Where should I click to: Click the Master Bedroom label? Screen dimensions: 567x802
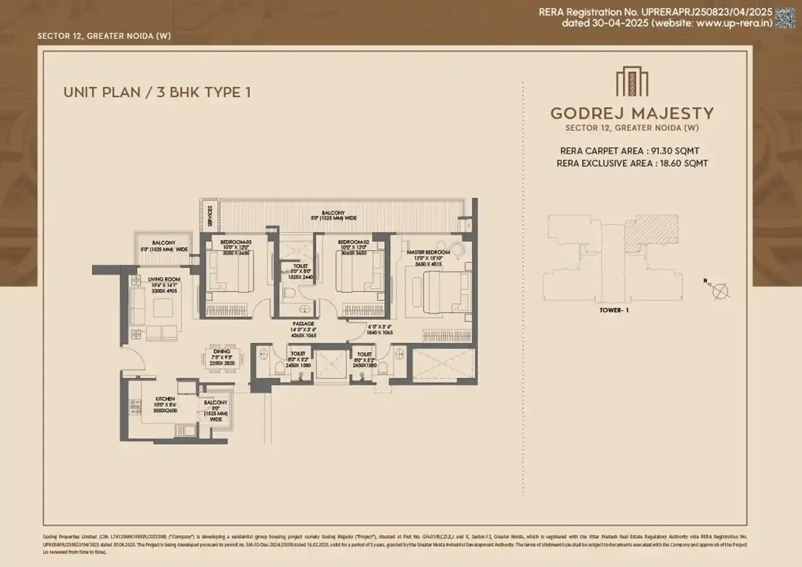click(x=428, y=252)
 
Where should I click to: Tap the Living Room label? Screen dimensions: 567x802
click(x=164, y=279)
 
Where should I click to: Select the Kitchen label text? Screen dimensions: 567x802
click(x=165, y=399)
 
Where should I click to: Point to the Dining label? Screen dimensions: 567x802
click(x=222, y=351)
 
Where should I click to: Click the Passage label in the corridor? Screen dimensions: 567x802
click(x=303, y=324)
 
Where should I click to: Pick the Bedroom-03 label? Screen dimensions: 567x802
click(x=236, y=242)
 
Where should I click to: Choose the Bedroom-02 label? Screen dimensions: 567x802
click(x=353, y=242)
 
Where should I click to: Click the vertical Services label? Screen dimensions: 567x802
click(x=210, y=215)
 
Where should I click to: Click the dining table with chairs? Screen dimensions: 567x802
click(x=222, y=359)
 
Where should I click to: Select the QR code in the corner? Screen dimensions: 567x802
click(x=785, y=17)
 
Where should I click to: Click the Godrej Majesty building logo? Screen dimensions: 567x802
click(x=632, y=82)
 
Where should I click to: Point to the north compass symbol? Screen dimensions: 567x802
click(x=720, y=289)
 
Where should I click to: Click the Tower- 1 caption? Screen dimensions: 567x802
click(x=614, y=310)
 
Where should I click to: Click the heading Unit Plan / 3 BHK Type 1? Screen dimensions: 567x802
click(x=157, y=92)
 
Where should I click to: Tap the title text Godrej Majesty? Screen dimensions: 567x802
click(x=632, y=113)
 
